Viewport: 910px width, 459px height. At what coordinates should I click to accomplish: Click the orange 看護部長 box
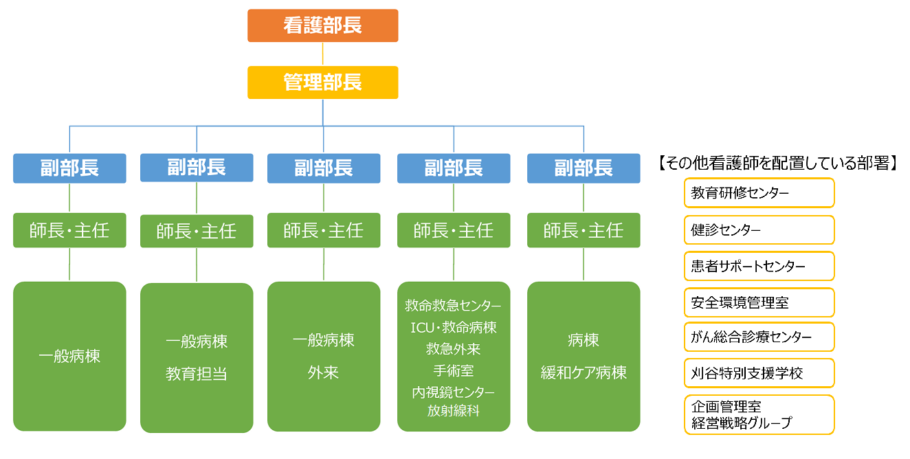[x=322, y=25]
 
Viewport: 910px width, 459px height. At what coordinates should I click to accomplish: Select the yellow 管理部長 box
[x=322, y=82]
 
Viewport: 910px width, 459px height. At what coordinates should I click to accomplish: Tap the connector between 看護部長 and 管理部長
[x=322, y=54]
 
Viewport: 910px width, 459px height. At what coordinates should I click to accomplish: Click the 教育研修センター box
[x=759, y=192]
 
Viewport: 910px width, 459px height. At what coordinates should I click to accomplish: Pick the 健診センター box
[x=759, y=230]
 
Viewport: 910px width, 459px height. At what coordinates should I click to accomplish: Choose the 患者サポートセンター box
[x=759, y=266]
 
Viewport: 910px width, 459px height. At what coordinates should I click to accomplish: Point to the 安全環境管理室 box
[x=759, y=302]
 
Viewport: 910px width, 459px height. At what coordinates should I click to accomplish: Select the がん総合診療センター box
[x=759, y=337]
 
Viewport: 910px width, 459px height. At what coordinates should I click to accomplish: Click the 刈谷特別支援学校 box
[x=759, y=373]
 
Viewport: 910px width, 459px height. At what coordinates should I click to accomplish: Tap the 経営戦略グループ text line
[x=742, y=423]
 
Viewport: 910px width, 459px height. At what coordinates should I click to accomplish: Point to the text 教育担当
[x=196, y=374]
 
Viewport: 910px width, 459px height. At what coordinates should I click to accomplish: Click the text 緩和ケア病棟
[x=584, y=372]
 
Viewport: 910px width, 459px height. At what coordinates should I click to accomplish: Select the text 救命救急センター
[x=453, y=306]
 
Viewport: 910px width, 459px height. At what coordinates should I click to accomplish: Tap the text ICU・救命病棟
[x=454, y=327]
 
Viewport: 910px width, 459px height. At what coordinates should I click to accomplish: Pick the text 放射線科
[x=454, y=411]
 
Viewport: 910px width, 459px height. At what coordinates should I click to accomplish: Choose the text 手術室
[x=454, y=370]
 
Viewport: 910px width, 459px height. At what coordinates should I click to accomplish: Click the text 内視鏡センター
[x=454, y=392]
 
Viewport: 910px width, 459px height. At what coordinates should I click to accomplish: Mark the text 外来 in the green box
[x=323, y=372]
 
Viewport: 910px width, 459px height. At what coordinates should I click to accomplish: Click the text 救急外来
[x=454, y=349]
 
